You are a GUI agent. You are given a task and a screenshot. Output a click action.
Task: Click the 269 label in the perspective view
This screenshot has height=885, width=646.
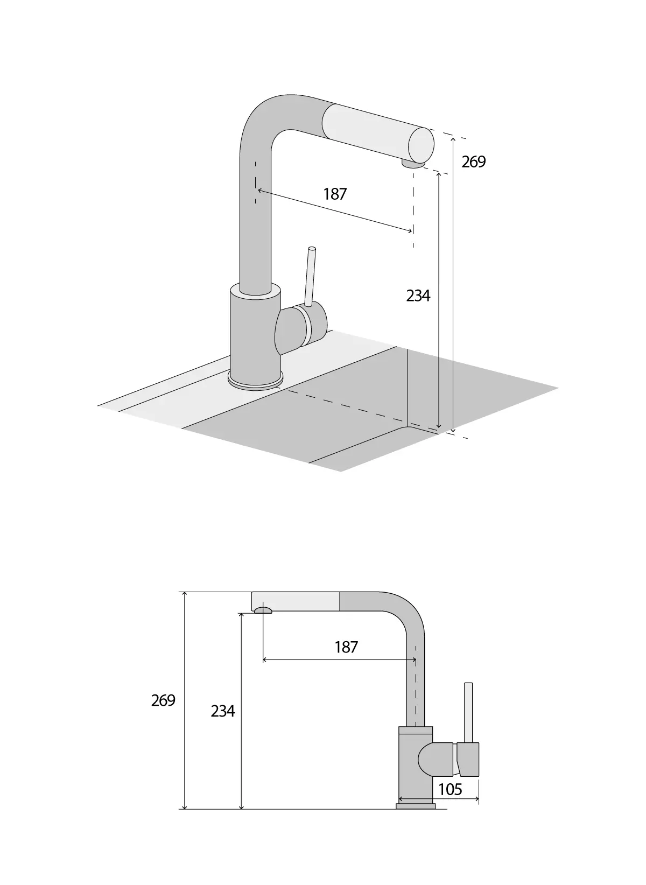tap(474, 161)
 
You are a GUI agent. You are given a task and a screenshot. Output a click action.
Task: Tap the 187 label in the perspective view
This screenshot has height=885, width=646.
tap(335, 194)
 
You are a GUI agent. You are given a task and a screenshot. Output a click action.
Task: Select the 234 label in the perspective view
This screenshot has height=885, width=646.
tap(418, 296)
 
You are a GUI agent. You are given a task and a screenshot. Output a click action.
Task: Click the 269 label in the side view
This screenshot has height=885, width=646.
tap(163, 700)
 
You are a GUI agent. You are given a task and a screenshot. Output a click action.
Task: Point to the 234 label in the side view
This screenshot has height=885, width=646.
tap(223, 711)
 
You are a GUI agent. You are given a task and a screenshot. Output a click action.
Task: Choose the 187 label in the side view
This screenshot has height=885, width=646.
tap(346, 647)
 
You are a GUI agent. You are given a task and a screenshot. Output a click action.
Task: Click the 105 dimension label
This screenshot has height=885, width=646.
tap(451, 789)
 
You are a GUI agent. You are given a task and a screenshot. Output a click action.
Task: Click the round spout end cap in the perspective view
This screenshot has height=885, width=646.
tap(422, 144)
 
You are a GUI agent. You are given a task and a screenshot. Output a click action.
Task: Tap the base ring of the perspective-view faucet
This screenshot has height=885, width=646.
tap(256, 382)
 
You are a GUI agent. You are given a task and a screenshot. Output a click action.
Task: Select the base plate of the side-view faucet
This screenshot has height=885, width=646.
tap(416, 821)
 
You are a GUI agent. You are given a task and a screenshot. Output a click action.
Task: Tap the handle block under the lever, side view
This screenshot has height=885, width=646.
tap(467, 759)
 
